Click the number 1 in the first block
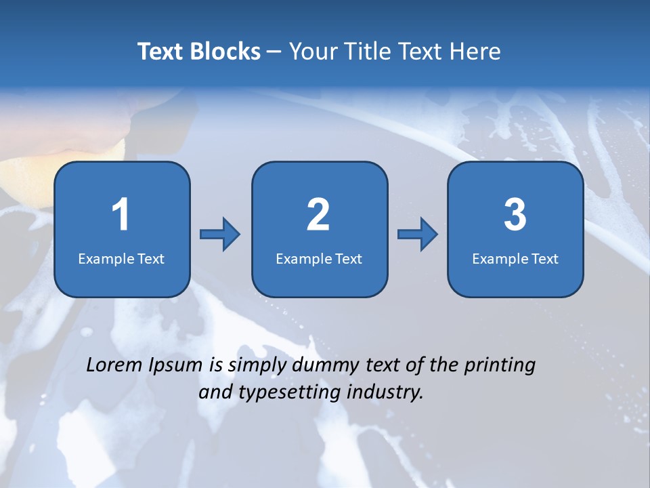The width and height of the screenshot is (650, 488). pos(121,215)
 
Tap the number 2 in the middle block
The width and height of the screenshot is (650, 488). pos(318,215)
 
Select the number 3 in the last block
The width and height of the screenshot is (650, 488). pos(515,215)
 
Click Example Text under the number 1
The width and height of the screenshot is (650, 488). pos(121,259)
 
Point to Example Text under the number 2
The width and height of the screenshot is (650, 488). pos(319,259)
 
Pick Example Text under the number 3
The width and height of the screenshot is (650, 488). pos(515,259)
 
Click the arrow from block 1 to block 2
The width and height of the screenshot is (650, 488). pos(220,235)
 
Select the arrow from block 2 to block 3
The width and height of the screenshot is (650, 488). pos(418,235)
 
